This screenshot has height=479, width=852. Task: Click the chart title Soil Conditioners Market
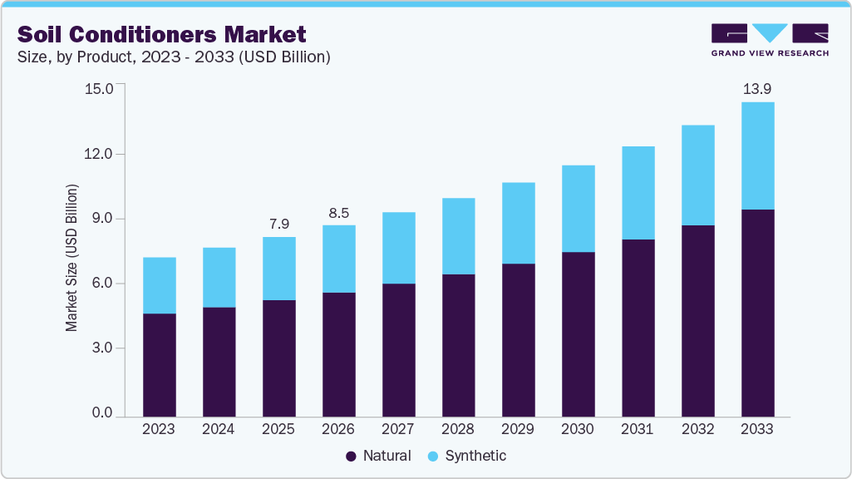pos(161,34)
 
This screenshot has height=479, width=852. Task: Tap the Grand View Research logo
pos(770,39)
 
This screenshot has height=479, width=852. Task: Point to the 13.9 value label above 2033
pos(757,88)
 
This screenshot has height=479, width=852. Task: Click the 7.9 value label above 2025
pos(278,224)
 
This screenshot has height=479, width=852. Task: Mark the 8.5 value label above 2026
pos(338,212)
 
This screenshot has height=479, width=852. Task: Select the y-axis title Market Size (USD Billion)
pos(72,258)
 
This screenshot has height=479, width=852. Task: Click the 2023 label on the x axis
pos(159,429)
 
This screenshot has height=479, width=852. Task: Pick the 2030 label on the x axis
pos(578,429)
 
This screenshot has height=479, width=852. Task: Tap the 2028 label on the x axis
pos(458,429)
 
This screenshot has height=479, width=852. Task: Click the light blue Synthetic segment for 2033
pos(757,156)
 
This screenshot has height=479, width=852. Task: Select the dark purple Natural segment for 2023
pos(159,365)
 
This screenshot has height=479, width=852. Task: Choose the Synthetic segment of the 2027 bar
pos(398,248)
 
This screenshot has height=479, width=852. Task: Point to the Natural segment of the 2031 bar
pos(638,328)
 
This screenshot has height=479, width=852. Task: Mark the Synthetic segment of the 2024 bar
pos(219,277)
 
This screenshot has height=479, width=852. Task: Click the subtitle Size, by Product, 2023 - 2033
pos(175,57)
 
